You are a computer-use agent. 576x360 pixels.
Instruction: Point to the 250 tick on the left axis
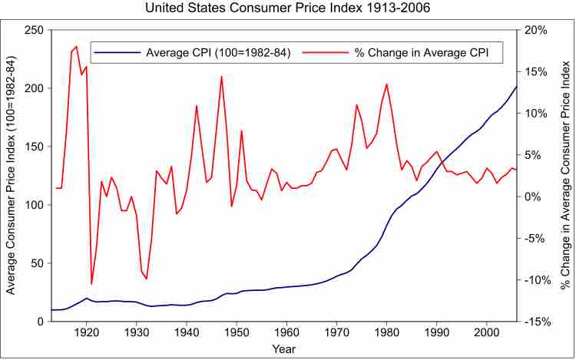tap(34, 30)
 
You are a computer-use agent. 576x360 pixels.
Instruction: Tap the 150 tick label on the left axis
tap(34, 147)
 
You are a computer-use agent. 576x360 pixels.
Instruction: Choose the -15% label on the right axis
tap(535, 322)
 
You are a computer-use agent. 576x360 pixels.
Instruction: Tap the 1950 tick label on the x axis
tap(237, 333)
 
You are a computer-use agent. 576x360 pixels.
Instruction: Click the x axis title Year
tap(283, 350)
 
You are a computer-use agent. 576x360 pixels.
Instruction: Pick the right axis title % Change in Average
tap(564, 175)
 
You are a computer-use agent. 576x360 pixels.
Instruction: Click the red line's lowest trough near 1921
tap(91, 285)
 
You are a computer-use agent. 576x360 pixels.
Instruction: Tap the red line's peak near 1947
tap(221, 76)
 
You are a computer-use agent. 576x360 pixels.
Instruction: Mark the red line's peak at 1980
tap(386, 84)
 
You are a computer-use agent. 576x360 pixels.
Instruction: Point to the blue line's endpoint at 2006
tap(516, 87)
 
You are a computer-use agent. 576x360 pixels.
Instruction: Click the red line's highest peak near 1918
tap(76, 46)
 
